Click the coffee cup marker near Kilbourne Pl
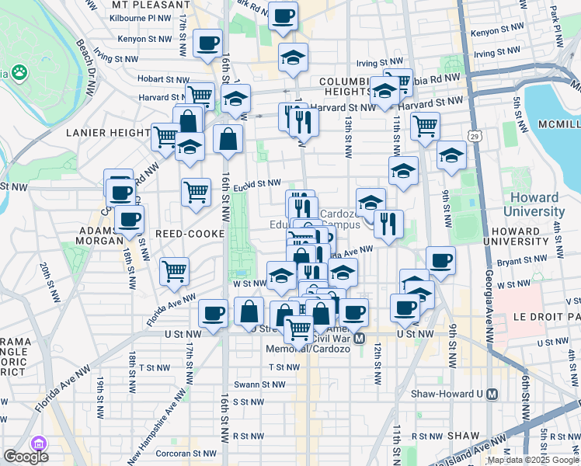pos(283,16)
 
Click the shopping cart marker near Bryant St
pos(175,271)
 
